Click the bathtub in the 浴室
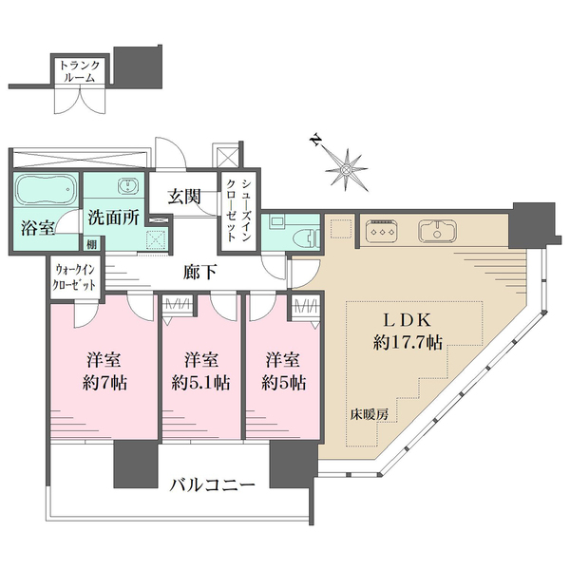coord(46,190)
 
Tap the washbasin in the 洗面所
coord(127,186)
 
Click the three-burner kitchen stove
coord(381,231)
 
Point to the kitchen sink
coord(438,231)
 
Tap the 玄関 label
coord(184,198)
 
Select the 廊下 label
coord(199,272)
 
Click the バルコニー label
coord(212,484)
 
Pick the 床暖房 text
coord(370,415)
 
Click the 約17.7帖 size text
coord(408,342)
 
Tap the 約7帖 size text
coord(104,383)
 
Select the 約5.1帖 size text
coord(200,383)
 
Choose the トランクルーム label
coord(80,71)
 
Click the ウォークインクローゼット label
coord(74,277)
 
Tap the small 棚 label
coord(92,245)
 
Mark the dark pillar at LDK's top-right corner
coord(533,225)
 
